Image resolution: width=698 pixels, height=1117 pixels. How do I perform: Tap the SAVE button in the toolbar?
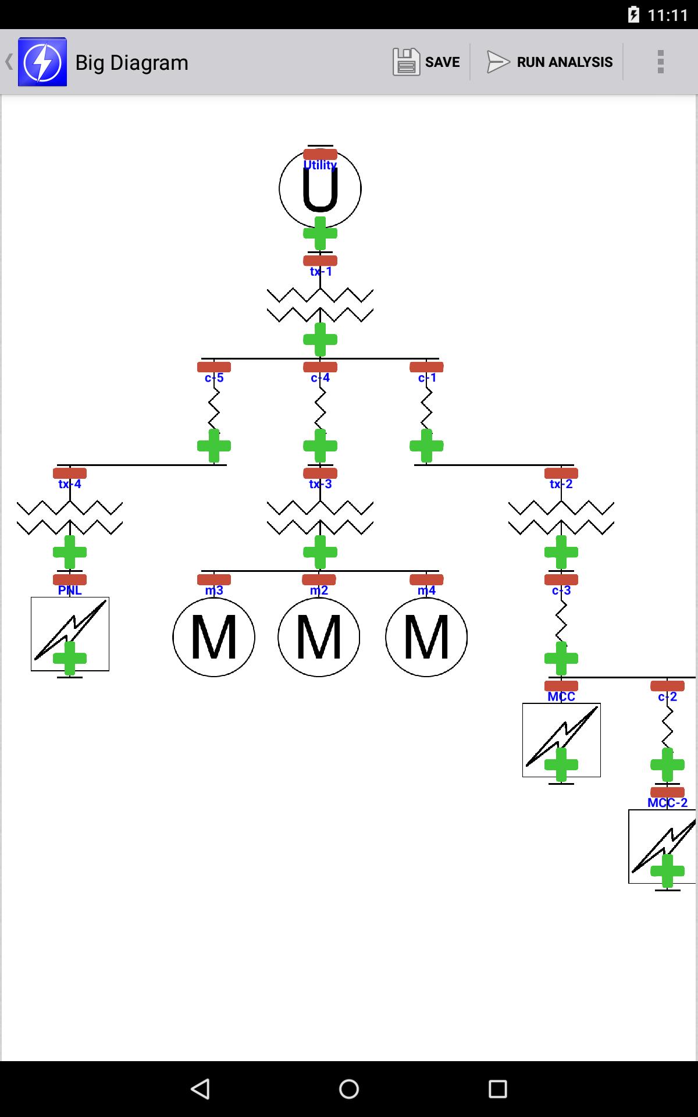tap(426, 62)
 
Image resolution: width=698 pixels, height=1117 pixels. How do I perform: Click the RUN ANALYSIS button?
tap(550, 62)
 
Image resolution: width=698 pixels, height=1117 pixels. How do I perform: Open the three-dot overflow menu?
tap(660, 62)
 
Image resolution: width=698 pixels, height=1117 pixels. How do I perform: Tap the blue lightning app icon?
tap(42, 62)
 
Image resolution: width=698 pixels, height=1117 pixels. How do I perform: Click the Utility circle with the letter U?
tap(320, 188)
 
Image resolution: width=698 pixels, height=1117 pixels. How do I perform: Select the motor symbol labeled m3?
tap(213, 637)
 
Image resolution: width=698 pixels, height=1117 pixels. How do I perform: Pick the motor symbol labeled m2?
tap(319, 637)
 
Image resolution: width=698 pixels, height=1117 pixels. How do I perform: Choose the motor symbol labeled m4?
tap(426, 637)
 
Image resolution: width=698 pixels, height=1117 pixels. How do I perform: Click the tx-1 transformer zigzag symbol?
tap(320, 305)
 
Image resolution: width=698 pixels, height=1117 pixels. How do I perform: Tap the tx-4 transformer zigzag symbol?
tap(70, 517)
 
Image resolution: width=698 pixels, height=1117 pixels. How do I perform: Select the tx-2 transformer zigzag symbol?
tap(561, 517)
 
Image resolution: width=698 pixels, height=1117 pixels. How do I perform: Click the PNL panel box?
tap(70, 634)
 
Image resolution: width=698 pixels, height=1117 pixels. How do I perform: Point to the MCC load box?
tap(561, 739)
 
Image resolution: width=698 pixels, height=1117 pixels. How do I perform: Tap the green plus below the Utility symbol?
tap(320, 233)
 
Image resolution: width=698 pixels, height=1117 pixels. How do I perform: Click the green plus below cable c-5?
tap(214, 446)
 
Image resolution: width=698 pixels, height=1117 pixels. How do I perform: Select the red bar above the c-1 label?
tap(426, 367)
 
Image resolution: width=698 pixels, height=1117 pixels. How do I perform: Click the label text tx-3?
tap(320, 484)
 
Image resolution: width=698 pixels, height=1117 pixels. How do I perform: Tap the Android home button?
tap(349, 1088)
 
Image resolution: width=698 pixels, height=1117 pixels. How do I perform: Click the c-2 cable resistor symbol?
tap(667, 726)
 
